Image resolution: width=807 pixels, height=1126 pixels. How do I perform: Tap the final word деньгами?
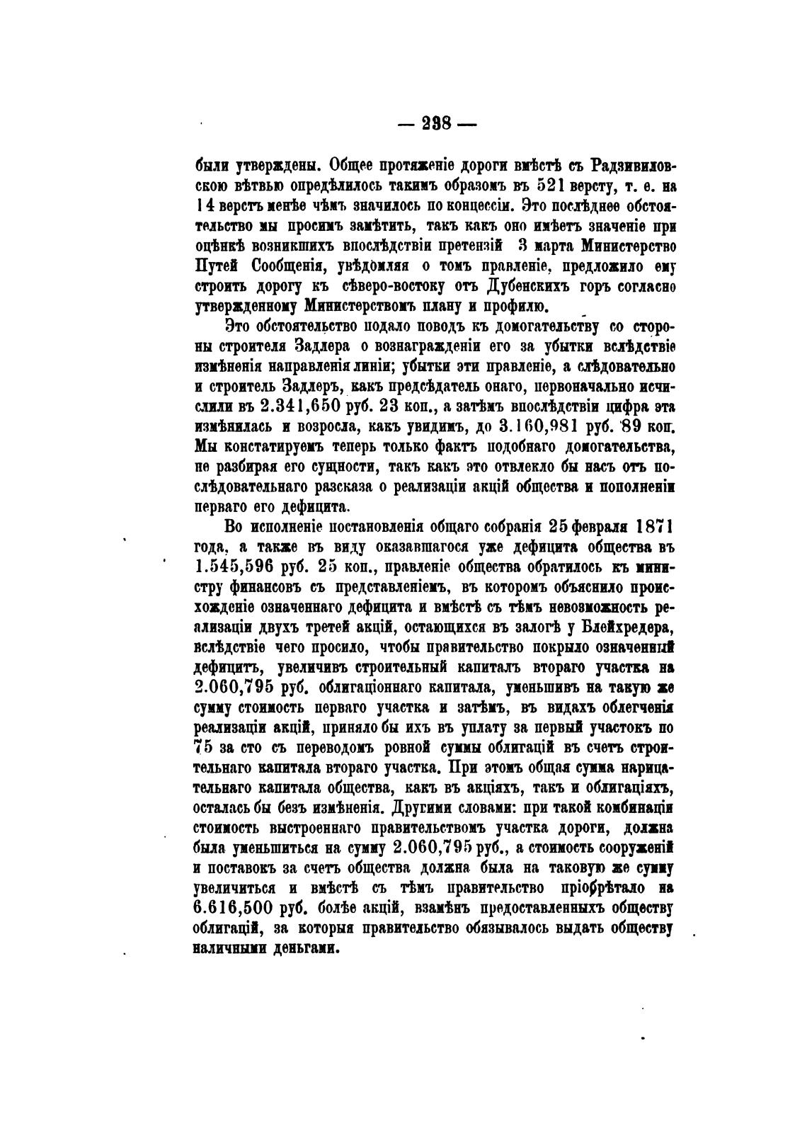[295, 948]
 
